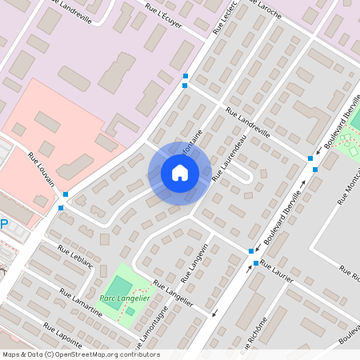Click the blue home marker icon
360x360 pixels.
click(179, 173)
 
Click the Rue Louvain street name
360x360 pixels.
click(42, 170)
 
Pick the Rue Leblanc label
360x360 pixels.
click(77, 257)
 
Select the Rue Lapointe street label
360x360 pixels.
click(65, 338)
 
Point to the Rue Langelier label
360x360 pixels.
click(174, 293)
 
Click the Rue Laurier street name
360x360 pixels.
click(277, 271)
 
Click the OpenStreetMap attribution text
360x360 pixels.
click(80, 354)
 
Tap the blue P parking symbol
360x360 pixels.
click(3, 225)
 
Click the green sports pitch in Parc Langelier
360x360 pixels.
click(118, 285)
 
